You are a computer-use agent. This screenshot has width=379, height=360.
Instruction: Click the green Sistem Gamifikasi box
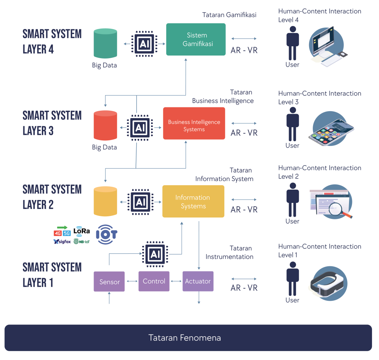point(196,39)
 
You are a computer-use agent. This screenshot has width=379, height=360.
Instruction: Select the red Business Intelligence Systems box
point(194,123)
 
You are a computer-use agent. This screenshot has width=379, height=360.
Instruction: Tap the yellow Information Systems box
point(193,201)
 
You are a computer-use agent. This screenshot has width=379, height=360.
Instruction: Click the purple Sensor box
point(109,281)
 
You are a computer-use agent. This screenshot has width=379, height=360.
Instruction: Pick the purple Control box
point(154,281)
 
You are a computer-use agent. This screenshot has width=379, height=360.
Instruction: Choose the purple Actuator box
point(198,281)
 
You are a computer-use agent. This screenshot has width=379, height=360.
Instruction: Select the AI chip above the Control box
point(154,254)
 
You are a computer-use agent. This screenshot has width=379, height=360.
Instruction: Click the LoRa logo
point(82,231)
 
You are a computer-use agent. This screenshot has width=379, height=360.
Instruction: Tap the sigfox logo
point(62,241)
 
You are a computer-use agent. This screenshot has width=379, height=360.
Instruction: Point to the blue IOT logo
point(107,234)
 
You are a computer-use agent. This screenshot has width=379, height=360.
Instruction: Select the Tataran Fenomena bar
point(188,338)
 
